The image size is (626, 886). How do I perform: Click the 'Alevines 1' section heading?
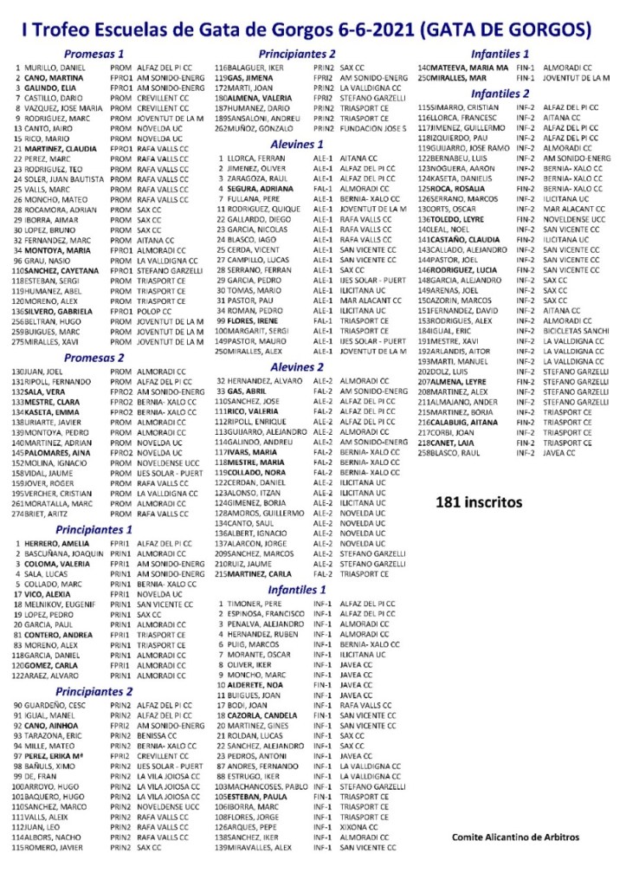(x=297, y=144)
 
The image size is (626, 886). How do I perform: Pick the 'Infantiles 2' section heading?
(x=500, y=94)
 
